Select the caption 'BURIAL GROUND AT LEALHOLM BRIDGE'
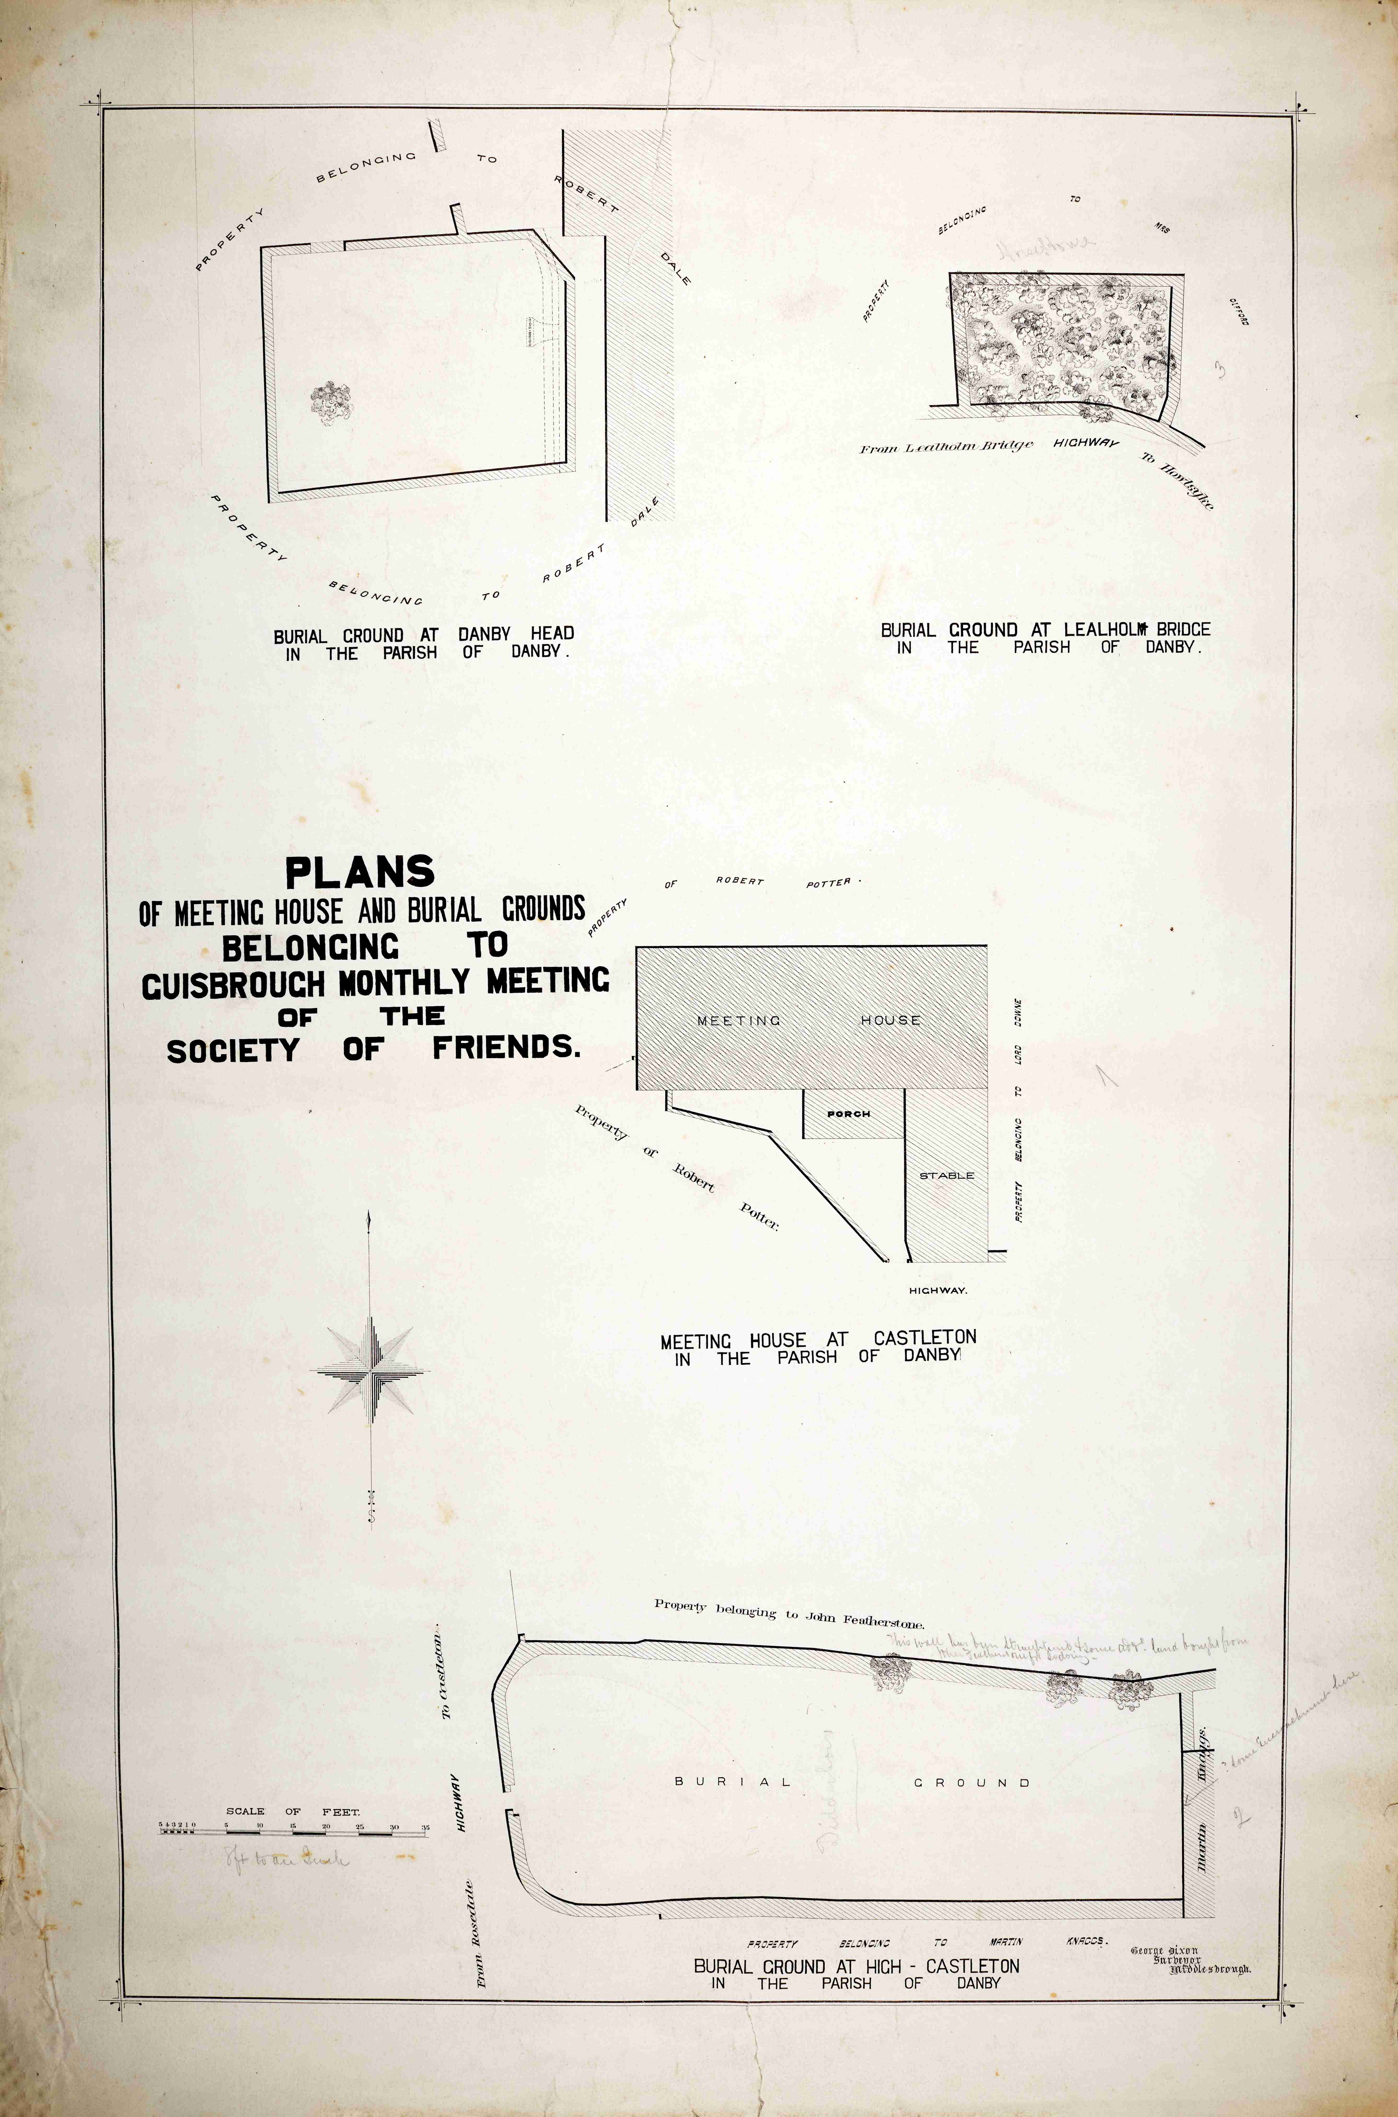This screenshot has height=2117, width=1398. pyautogui.click(x=1045, y=630)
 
